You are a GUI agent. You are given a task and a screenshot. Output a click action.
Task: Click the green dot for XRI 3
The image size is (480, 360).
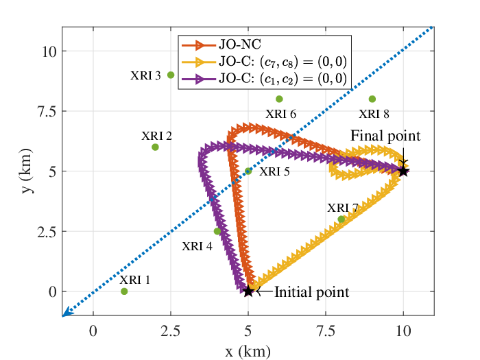(171, 75)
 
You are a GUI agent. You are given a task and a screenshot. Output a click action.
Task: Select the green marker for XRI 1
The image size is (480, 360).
(124, 291)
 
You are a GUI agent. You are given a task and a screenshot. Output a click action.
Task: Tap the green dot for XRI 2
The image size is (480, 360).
(155, 147)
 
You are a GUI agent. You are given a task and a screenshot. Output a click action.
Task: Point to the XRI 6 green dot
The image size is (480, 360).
(279, 99)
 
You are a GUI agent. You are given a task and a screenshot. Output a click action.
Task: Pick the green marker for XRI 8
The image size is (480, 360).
(372, 99)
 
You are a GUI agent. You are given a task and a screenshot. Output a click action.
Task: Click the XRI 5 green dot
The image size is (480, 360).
(248, 171)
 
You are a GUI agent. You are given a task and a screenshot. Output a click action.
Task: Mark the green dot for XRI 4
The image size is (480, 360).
(217, 231)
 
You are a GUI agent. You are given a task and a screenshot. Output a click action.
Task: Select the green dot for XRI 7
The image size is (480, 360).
(341, 219)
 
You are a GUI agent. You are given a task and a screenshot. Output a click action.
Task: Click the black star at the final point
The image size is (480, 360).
(403, 171)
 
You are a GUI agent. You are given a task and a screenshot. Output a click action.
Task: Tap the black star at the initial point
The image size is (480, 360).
(248, 291)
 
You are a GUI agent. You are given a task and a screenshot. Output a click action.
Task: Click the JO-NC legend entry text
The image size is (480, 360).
(240, 45)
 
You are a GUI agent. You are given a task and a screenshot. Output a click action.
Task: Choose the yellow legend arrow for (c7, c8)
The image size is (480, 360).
(199, 62)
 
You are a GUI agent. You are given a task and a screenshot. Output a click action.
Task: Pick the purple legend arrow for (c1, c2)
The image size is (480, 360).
(199, 79)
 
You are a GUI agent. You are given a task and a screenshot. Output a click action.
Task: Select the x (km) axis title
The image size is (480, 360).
(248, 351)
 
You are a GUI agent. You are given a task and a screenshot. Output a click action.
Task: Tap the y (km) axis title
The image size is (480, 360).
(27, 171)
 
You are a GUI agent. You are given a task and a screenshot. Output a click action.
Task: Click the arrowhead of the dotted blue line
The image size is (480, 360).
(67, 312)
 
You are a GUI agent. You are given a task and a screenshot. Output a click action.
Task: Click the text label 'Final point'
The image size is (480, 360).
(385, 136)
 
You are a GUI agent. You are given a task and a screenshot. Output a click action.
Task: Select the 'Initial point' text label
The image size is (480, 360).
(311, 292)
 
